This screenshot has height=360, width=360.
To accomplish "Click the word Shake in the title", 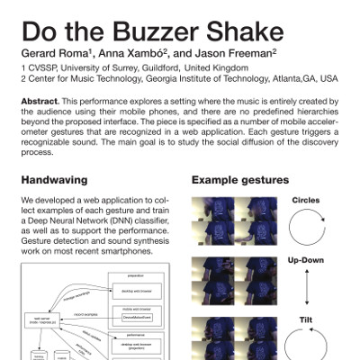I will [x=244, y=31].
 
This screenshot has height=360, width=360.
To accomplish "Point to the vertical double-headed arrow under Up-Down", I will [x=307, y=289].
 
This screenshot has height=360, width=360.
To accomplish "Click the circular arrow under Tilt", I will [x=307, y=346].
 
